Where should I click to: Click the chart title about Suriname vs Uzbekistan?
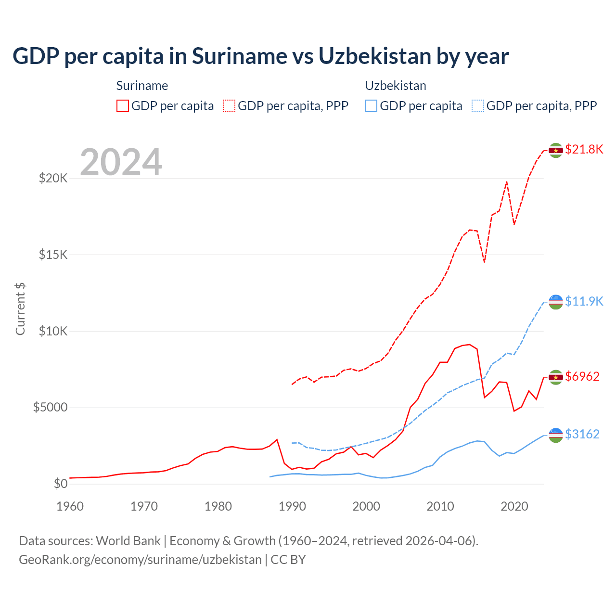pos(260,56)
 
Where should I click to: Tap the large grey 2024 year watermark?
pos(121,162)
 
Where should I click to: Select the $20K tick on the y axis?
pos(53,179)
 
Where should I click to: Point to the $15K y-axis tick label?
pos(53,255)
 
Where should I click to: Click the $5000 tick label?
pos(50,408)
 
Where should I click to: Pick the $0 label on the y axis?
pos(60,484)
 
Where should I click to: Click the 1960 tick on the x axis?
pos(70,506)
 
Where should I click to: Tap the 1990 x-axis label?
pos(292,506)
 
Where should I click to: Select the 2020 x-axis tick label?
pos(514,506)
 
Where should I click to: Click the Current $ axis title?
pos(20,309)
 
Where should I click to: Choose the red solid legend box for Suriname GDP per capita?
pos(123,106)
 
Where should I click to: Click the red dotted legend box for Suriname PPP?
pos(229,106)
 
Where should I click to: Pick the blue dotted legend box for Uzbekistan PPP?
pos(478,106)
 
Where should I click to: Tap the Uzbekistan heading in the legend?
pos(396,86)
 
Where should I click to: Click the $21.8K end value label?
pos(584,149)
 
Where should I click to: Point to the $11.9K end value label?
pos(584,301)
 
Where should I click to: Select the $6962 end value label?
pos(582,376)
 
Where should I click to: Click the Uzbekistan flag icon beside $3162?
pos(556,435)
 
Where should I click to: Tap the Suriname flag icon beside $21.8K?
pos(556,150)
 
